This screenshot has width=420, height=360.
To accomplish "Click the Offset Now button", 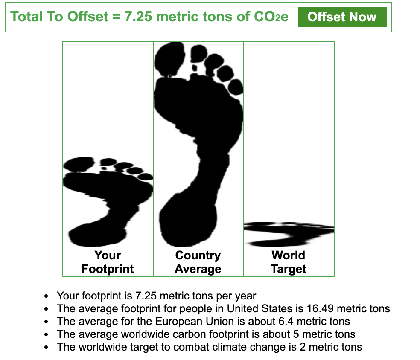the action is [342, 17].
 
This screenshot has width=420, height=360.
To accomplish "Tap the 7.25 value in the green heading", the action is [138, 17].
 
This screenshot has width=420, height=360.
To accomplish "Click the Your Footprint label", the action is [108, 262].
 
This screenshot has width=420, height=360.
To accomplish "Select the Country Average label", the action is [198, 262].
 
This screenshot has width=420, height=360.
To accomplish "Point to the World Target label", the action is [289, 262].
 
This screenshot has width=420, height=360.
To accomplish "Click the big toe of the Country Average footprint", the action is [169, 59].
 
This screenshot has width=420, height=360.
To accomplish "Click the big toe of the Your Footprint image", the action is [79, 164].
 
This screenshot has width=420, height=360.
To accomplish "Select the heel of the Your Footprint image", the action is [97, 235].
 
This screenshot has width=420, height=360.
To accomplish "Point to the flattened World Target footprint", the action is [289, 234].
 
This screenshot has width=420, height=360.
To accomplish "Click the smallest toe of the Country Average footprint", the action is [236, 87].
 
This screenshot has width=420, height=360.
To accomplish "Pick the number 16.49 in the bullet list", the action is [320, 309].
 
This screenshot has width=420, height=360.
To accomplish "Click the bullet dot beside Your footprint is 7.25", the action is [47, 296].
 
